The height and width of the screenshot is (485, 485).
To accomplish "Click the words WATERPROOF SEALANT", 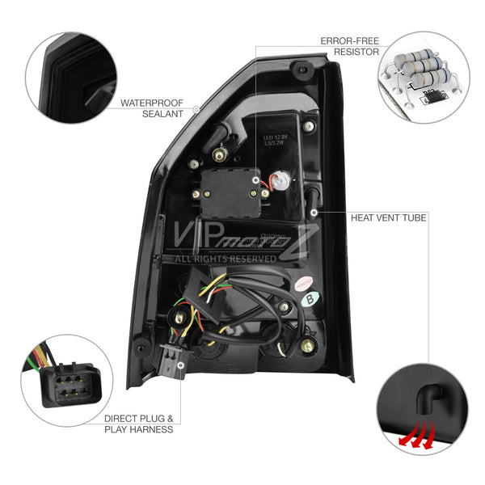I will click(x=152, y=108).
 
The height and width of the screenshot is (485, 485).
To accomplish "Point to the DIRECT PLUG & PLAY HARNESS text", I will click(x=138, y=424).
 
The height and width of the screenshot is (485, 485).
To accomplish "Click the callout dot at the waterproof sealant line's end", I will click(x=196, y=108).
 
